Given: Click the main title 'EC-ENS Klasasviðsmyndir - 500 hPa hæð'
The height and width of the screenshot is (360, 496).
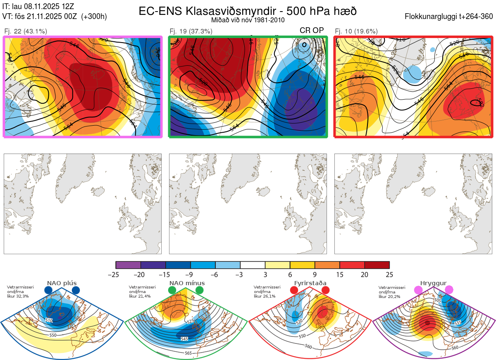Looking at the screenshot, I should (x=248, y=11).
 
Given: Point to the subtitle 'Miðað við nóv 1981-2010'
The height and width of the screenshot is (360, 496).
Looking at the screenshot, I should (x=248, y=20).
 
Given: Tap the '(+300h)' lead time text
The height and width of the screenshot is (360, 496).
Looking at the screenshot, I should (x=94, y=17).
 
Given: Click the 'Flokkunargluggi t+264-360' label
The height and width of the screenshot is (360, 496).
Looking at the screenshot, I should (x=450, y=17).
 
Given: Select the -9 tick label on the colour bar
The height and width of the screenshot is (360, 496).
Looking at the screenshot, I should (x=191, y=274).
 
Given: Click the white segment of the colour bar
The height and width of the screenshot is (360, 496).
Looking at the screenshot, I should (x=253, y=265).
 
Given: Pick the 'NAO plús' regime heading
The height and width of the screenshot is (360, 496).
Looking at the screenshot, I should (x=62, y=283).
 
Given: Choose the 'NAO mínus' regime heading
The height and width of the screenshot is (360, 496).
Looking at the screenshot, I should (x=187, y=283).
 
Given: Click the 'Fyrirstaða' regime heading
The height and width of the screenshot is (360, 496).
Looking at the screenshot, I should (x=310, y=283).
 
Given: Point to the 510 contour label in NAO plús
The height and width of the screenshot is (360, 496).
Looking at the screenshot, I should (x=49, y=320).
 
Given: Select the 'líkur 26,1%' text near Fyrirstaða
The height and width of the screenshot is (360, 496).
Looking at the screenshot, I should (x=264, y=296).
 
